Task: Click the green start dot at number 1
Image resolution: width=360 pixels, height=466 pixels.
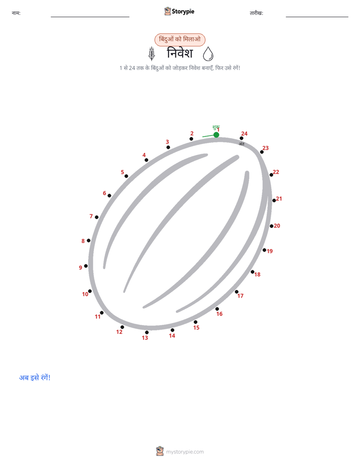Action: [216, 135]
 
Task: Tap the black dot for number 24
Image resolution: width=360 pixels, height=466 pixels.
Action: [242, 138]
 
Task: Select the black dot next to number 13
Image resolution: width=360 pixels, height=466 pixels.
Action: [147, 332]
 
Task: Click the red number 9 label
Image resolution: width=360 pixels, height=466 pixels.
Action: [81, 267]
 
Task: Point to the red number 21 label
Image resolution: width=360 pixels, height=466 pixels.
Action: [279, 199]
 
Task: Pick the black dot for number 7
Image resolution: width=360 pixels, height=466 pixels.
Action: [96, 217]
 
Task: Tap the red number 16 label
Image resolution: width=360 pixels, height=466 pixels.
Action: [219, 314]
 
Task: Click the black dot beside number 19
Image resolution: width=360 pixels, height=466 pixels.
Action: [264, 250]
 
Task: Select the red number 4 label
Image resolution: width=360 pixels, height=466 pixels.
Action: [144, 155]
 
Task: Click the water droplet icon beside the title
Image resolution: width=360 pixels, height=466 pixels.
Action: [208, 54]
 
